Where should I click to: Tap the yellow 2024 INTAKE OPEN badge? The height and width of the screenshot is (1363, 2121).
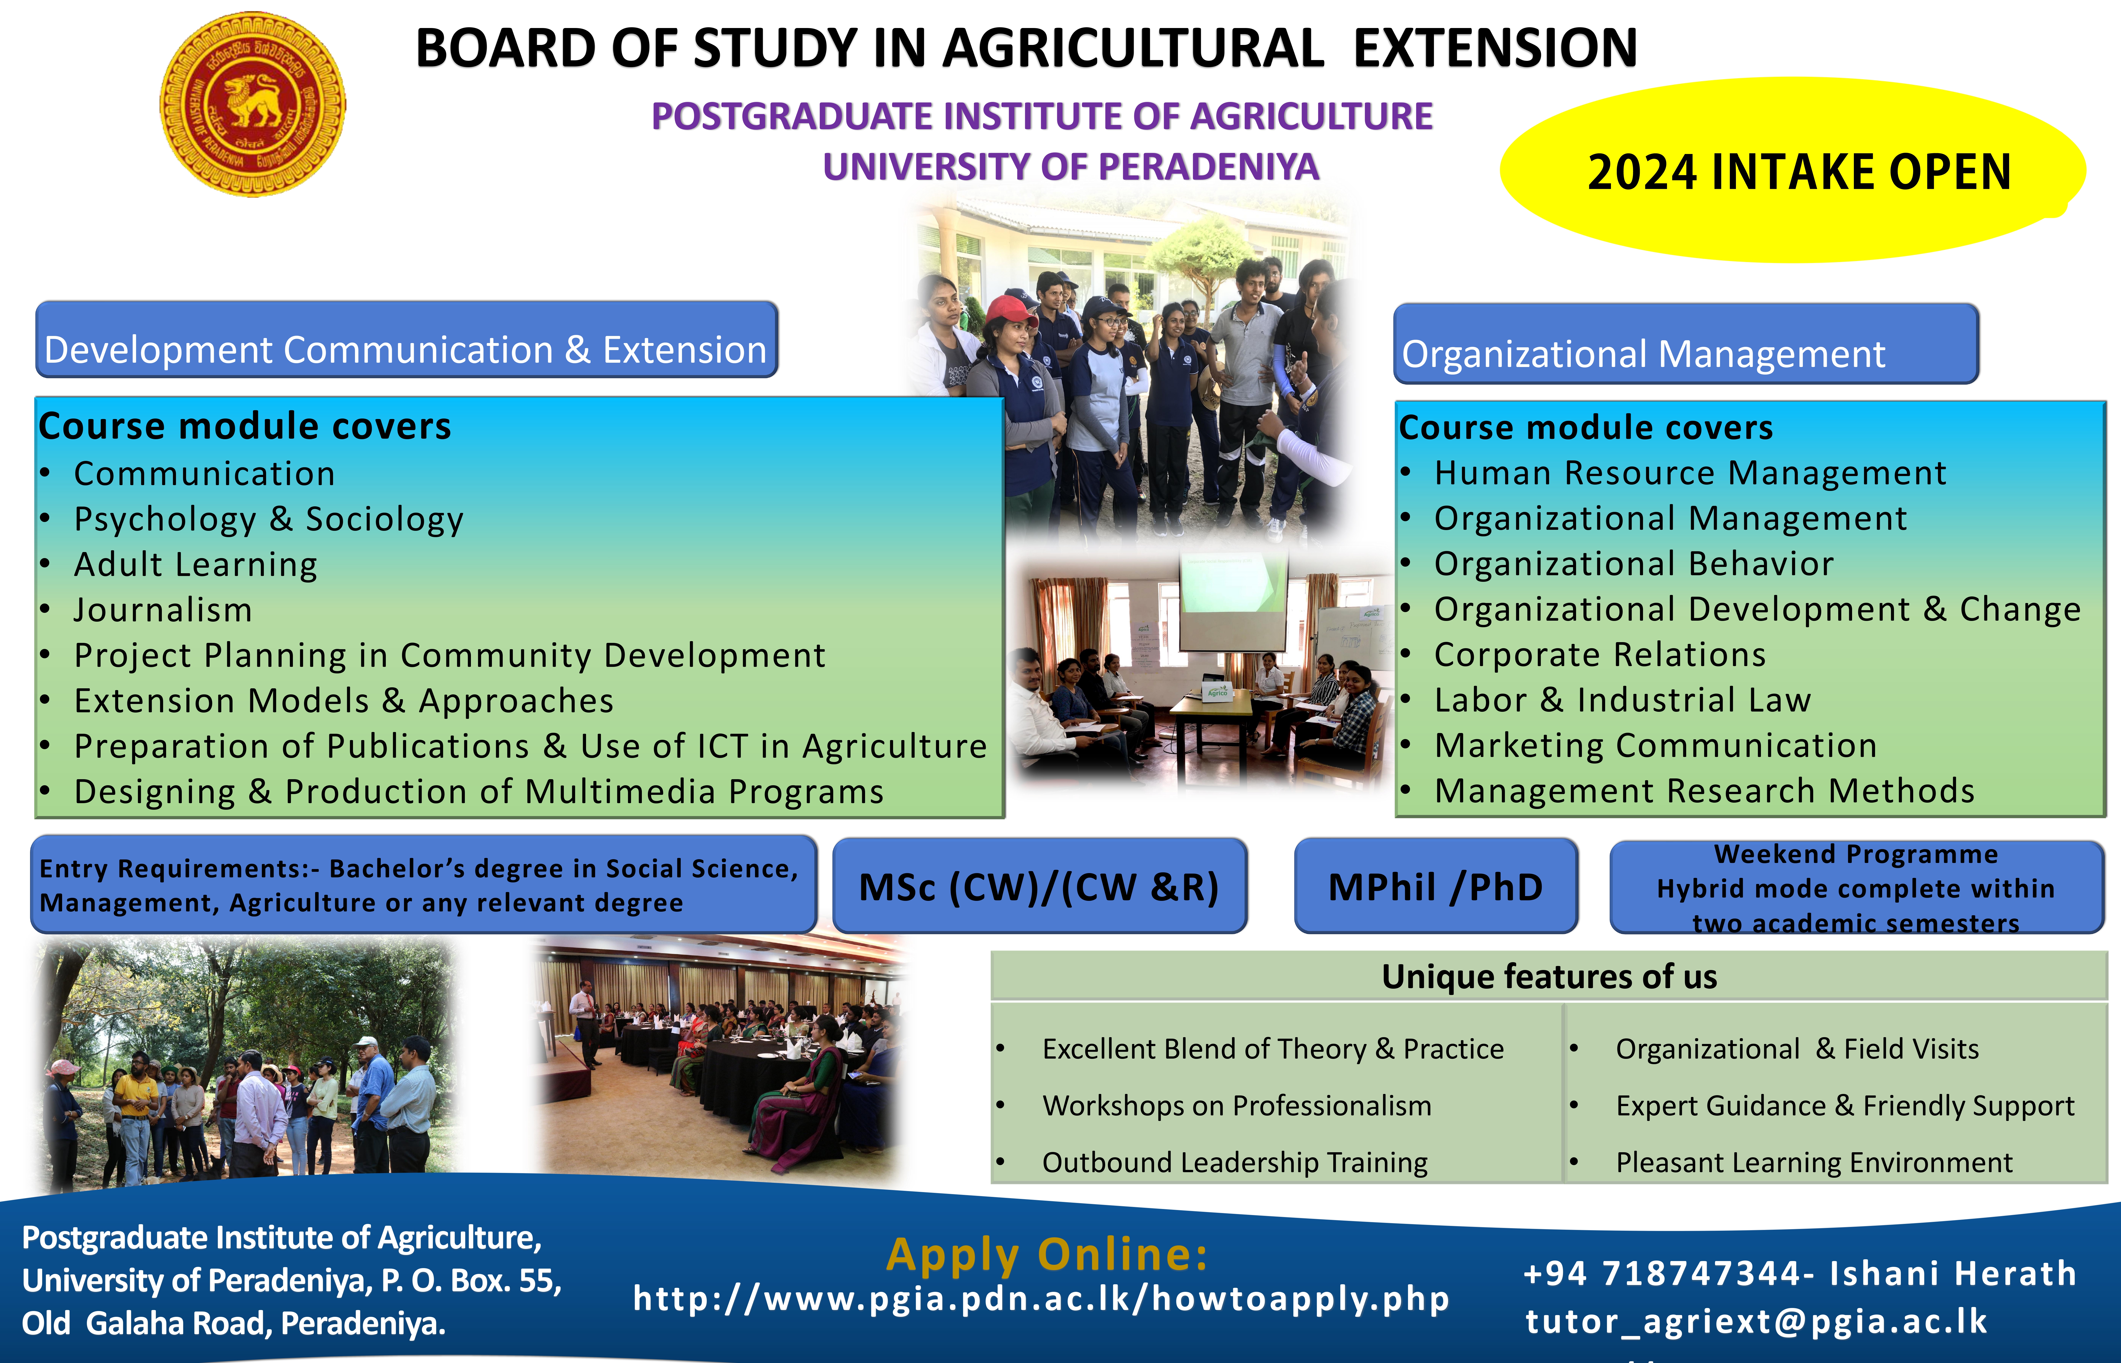[1792, 170]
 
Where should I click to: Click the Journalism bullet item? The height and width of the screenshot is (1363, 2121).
[163, 610]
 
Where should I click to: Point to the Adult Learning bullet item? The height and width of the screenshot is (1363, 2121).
[196, 565]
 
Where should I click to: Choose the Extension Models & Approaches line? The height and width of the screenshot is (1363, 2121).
[343, 701]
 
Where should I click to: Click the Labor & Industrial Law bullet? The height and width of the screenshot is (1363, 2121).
[1623, 700]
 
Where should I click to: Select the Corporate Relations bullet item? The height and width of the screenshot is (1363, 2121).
[1600, 655]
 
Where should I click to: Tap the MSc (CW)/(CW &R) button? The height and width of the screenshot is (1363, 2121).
[1039, 886]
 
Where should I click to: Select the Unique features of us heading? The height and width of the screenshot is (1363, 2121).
[1549, 976]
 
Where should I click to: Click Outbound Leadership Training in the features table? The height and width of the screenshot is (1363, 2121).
[1235, 1162]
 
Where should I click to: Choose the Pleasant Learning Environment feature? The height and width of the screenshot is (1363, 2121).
[1814, 1162]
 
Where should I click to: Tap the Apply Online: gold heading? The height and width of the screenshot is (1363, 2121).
[1047, 1254]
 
